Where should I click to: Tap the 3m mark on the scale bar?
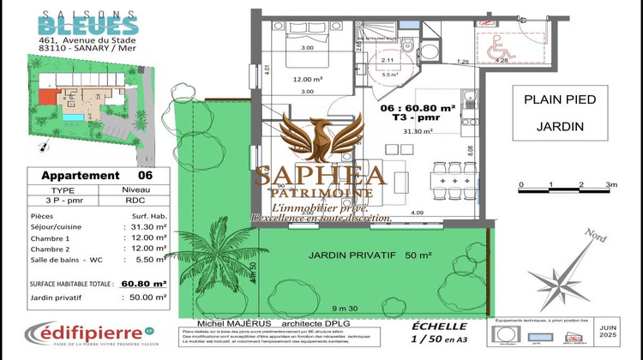(611, 184)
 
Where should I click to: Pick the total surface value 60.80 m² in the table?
(143, 282)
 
